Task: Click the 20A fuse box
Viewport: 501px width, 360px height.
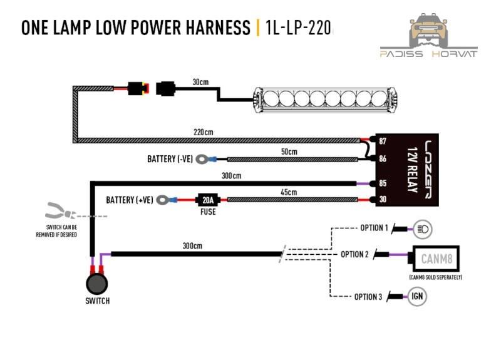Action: [208, 200]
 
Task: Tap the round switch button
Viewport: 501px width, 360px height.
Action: [96, 284]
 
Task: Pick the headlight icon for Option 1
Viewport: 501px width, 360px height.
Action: [421, 230]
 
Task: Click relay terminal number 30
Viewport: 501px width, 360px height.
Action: [382, 200]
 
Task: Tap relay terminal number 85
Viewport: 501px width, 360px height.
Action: [382, 183]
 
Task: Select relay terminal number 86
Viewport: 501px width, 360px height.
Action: [382, 158]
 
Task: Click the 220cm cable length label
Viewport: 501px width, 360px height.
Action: [204, 132]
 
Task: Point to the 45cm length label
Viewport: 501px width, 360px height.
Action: [289, 192]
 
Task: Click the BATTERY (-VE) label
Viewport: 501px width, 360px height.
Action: [170, 159]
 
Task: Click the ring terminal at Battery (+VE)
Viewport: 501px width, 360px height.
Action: [165, 201]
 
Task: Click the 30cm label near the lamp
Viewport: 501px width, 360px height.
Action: [200, 82]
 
